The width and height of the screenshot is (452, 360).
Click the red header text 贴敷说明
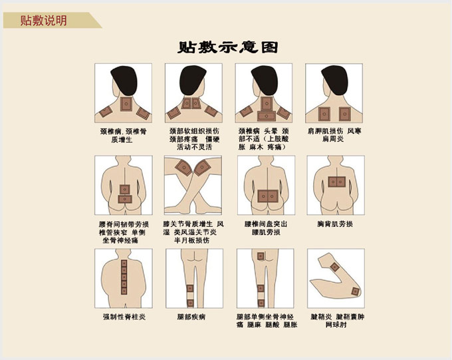point(43,21)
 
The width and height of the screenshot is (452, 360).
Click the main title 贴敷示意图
point(228,47)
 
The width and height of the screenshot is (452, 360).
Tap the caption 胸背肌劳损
point(335,224)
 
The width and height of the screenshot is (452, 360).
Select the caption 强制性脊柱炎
point(124,317)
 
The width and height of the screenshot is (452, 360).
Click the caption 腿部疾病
point(191,317)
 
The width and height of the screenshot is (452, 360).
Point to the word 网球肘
point(336,325)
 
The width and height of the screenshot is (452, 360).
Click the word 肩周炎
point(333,139)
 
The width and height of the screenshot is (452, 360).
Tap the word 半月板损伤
point(191,240)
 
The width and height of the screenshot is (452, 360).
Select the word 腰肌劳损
point(266,232)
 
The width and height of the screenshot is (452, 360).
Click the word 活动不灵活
point(194,147)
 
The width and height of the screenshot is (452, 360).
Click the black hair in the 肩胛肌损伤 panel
point(335,80)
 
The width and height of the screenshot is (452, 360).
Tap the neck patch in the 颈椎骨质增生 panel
point(126,104)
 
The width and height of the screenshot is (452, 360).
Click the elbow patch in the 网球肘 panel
point(355,291)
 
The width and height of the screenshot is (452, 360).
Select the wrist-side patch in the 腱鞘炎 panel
point(334,267)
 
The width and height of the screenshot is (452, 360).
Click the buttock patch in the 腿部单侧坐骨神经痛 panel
point(261,256)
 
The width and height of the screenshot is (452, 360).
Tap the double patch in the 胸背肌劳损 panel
point(336,182)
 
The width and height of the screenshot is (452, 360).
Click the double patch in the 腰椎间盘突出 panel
point(268,196)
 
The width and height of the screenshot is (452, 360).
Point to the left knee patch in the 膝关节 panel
point(183,168)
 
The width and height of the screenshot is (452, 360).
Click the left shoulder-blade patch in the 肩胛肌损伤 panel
point(324,114)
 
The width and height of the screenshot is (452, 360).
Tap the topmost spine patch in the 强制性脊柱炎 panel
point(124,264)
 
